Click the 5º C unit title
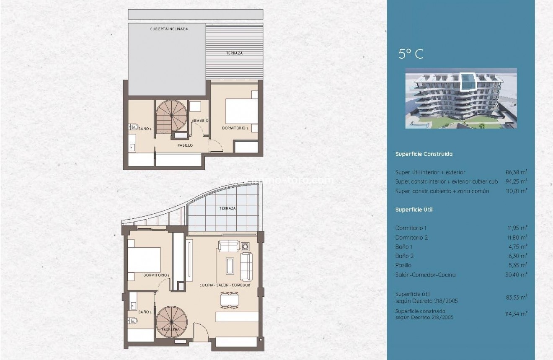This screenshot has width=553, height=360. pos(411,54)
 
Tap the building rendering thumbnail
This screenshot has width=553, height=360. pos(461,98)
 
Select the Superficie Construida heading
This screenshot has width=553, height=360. pos(424,154)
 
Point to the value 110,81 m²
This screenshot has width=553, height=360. pos(516,191)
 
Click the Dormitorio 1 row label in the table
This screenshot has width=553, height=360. pos(411,228)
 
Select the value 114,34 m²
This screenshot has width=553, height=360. pos(516,313)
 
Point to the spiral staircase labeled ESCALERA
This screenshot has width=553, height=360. pos(170,321)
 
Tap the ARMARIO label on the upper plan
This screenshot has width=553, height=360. pos(200,121)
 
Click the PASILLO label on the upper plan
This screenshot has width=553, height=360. pos(185,145)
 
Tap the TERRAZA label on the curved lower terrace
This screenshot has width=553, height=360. pos(227,208)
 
